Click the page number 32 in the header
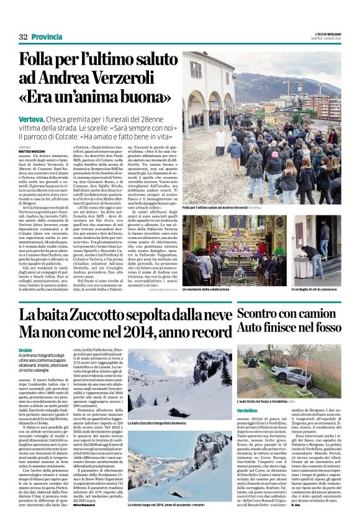[x=23, y=37]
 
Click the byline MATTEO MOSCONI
[x=31, y=151]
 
